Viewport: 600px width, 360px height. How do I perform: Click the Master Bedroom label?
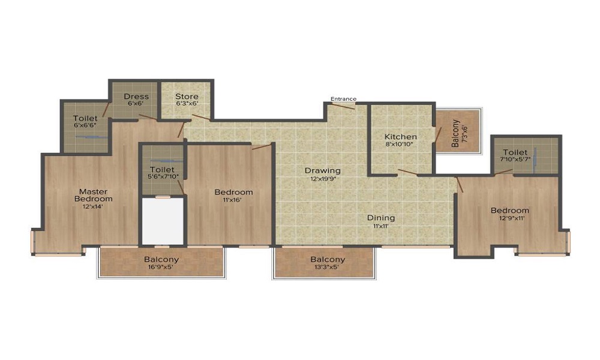point(93,195)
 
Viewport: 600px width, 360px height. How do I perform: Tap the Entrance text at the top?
point(343,99)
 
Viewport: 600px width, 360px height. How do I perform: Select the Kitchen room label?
point(400,137)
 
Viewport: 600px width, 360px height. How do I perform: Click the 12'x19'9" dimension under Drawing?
point(322,179)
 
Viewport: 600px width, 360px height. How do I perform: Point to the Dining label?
point(381,218)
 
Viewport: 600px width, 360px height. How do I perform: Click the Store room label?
point(186,96)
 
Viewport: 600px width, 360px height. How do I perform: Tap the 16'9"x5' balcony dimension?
point(161,268)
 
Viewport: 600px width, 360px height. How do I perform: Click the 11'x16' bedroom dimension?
point(233,200)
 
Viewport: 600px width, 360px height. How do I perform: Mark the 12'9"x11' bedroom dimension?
point(509,218)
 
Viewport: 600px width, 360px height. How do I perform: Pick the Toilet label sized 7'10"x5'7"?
point(515,152)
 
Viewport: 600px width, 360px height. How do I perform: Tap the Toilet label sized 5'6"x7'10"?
point(162,170)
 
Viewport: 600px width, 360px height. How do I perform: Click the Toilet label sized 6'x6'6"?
point(85,118)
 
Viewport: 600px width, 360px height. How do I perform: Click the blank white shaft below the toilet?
point(162,221)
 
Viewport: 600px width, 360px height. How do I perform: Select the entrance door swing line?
point(344,106)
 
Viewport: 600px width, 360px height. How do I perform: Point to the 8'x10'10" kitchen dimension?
point(400,145)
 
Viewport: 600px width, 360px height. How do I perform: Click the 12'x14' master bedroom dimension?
point(93,206)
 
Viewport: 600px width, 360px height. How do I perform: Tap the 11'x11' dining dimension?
point(381,226)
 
